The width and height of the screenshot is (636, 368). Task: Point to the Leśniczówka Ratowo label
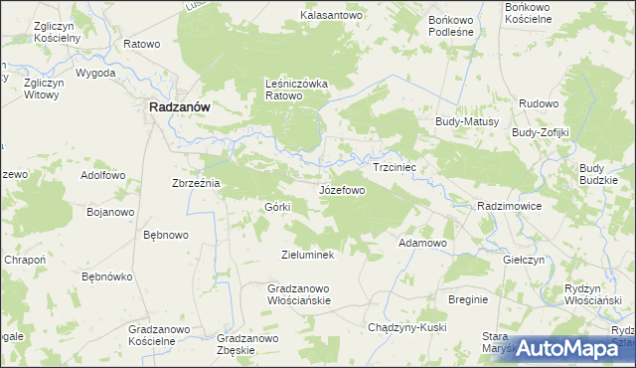(297, 90)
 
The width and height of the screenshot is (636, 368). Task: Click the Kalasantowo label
(333, 16)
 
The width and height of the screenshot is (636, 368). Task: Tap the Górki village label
(276, 207)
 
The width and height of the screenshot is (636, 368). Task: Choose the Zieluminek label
(313, 255)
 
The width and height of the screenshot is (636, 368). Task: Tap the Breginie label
(468, 299)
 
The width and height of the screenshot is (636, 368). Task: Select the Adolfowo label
(103, 175)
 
